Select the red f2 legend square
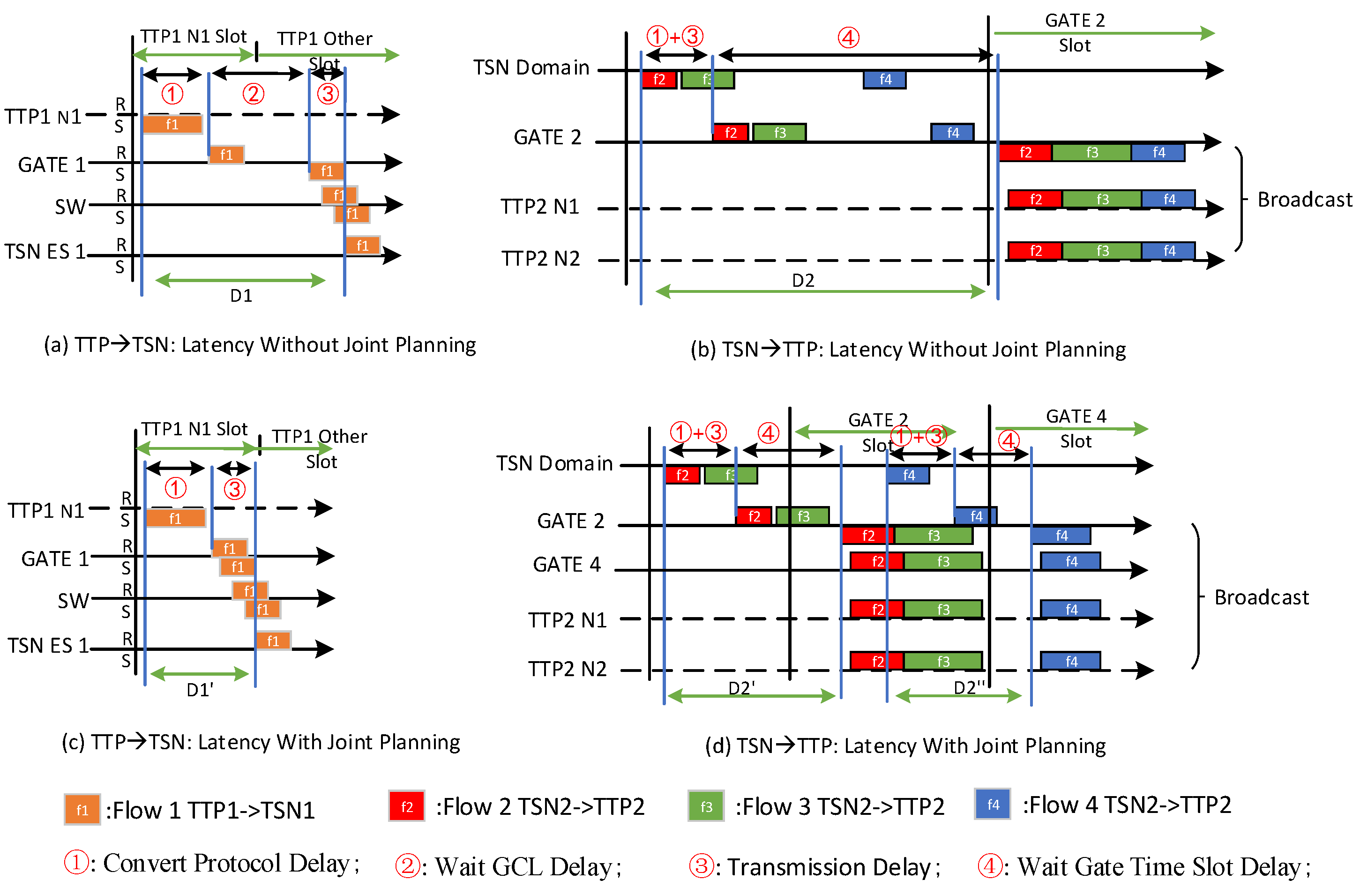[406, 806]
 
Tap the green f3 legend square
[706, 806]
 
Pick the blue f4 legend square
[993, 804]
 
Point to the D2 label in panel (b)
[803, 280]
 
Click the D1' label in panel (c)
[200, 690]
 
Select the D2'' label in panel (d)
[970, 687]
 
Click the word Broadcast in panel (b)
[1305, 200]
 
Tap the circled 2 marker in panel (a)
[253, 94]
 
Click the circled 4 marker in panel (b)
[848, 38]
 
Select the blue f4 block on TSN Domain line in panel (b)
[885, 80]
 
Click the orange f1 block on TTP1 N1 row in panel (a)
[172, 124]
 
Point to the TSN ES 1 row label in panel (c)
[48, 645]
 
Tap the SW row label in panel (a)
[70, 206]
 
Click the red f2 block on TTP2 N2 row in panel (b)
[1035, 250]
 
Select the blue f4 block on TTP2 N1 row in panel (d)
[1070, 609]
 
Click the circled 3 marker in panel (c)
[234, 489]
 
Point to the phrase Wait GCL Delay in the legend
[523, 866]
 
